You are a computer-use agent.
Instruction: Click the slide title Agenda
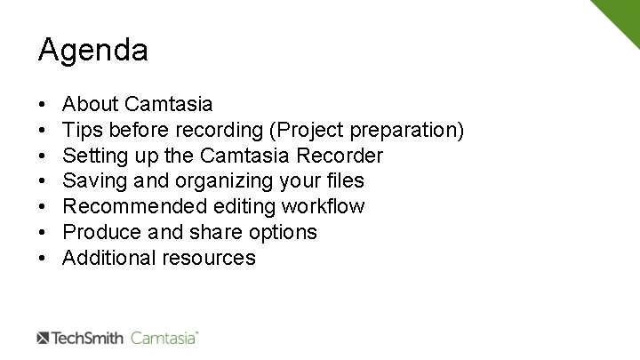coord(92,51)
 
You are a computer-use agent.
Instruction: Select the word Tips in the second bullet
coord(84,131)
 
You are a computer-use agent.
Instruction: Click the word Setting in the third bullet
coord(95,156)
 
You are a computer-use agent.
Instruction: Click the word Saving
coord(93,181)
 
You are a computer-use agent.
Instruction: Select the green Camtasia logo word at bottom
coord(164,338)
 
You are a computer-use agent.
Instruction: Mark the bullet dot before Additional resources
coord(43,259)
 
